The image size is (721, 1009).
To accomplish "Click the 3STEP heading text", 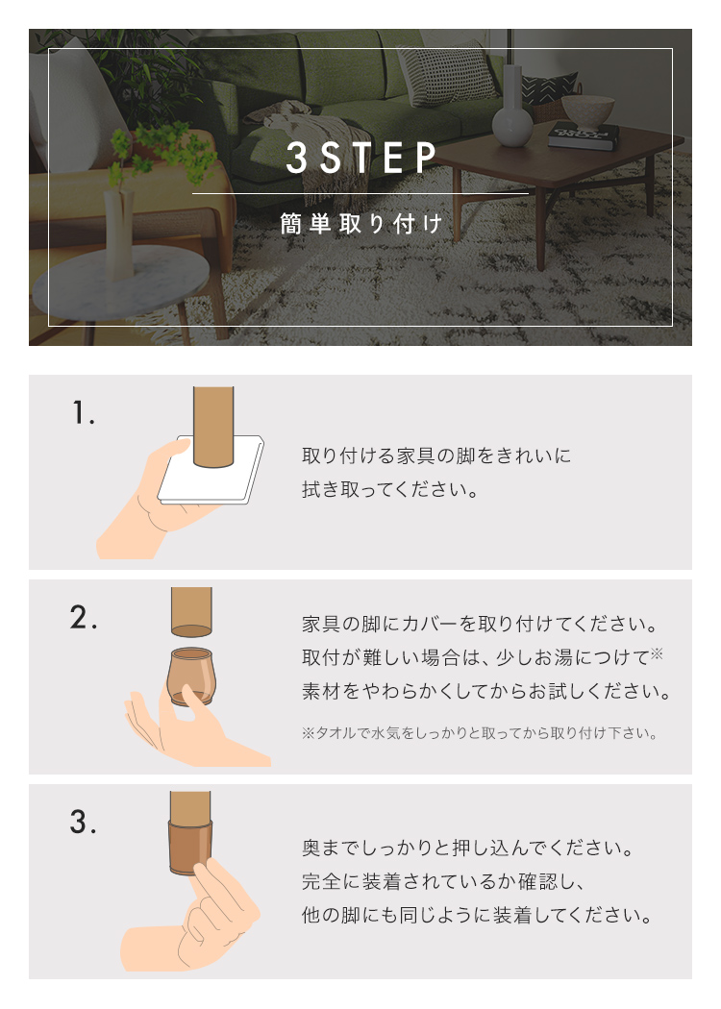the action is coord(361,158).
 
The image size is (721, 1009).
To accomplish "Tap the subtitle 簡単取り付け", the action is coord(361,224).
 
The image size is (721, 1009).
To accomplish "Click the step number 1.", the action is coord(83,412).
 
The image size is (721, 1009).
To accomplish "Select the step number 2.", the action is coord(84,618).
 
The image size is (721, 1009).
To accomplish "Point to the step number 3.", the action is coord(84,823).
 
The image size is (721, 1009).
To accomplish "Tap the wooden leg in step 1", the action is coord(213,426).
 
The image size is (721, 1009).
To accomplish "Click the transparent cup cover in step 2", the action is coord(190,676).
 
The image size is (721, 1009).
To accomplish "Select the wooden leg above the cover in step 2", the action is coord(191,611).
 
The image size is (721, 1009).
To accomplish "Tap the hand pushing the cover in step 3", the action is coord(193,921).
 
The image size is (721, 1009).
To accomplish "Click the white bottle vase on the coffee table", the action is coord(512,110).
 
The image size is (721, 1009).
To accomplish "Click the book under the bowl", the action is coord(584,135).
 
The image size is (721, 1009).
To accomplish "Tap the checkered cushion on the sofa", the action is coord(448,74).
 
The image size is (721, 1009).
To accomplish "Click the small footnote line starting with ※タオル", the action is coord(480,733).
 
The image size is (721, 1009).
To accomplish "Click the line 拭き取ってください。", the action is coord(390,490).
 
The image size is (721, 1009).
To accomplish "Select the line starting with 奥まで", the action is coord(468,848).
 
